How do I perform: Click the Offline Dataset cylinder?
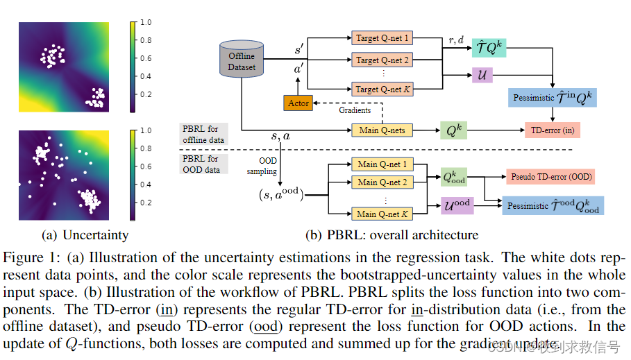point(242,61)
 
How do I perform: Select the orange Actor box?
point(298,103)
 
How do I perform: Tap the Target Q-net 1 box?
point(382,37)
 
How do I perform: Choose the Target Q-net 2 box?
point(382,60)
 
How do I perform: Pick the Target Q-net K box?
point(382,89)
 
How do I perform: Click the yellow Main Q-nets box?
point(382,130)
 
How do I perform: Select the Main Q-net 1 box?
point(382,164)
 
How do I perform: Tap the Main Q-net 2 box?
point(382,182)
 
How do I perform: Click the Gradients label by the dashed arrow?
point(355,110)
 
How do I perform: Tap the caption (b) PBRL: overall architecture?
point(392,235)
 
